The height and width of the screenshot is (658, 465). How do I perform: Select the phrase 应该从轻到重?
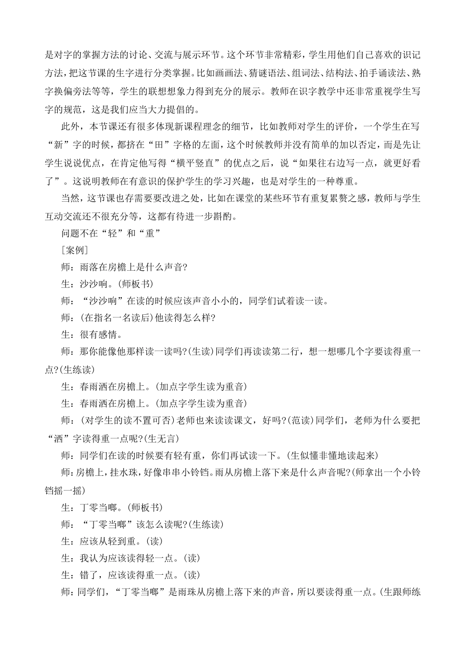point(109,541)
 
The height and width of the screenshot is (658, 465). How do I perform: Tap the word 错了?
point(89,575)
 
